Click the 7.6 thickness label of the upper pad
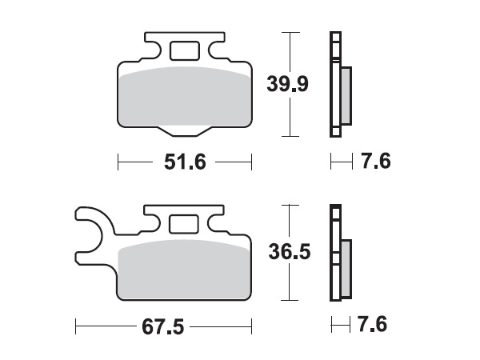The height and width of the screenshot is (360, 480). (375, 162)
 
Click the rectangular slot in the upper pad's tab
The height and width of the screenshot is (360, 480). (185, 50)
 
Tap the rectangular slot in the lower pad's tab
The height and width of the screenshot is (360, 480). (185, 222)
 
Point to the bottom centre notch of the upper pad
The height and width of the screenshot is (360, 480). (184, 130)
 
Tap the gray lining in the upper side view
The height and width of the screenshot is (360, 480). (346, 94)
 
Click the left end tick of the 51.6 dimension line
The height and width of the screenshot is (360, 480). (118, 162)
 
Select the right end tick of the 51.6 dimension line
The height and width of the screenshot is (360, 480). (251, 162)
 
